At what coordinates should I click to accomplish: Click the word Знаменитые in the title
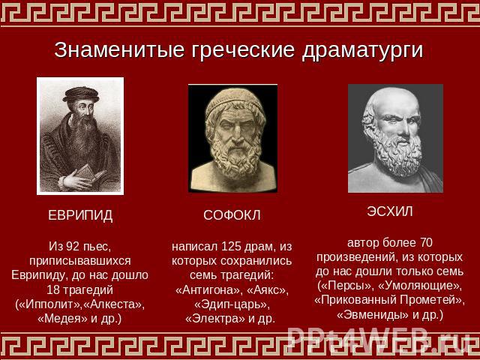(119, 49)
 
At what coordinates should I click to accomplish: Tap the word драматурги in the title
(362, 51)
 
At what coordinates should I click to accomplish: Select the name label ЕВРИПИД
(80, 215)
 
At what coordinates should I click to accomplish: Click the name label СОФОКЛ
(232, 215)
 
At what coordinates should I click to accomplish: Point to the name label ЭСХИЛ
(390, 211)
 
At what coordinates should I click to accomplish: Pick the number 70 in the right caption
(425, 243)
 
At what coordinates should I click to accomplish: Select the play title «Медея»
(62, 319)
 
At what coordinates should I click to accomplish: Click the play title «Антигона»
(209, 290)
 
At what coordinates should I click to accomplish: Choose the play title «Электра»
(215, 319)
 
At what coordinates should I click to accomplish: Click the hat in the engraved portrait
(81, 94)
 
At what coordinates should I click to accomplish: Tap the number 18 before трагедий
(52, 290)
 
